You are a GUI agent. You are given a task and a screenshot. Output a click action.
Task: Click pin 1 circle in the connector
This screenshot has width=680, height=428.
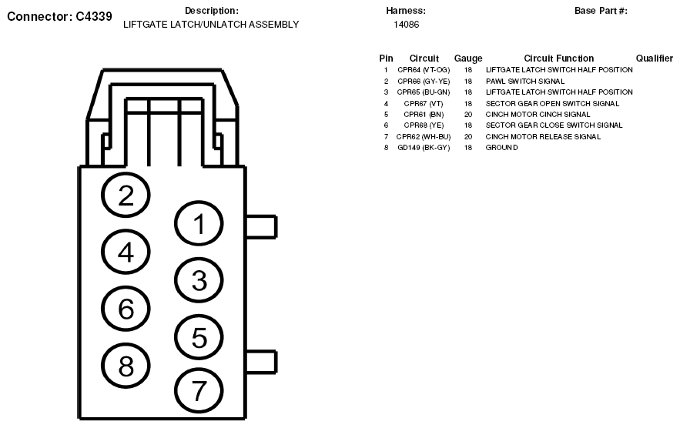[x=199, y=225]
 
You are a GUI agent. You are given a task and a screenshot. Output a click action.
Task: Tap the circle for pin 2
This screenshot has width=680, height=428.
[x=126, y=196]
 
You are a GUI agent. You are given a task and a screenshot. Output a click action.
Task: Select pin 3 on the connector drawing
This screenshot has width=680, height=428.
[x=199, y=281]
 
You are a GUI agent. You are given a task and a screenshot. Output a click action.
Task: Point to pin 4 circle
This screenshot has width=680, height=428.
[x=126, y=252]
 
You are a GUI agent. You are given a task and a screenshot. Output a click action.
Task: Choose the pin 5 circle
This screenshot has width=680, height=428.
[x=199, y=337]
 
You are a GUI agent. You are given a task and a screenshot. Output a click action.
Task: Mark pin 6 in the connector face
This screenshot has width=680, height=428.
[x=126, y=309]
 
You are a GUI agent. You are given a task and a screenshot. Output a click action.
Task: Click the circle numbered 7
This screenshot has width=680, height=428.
[x=199, y=391]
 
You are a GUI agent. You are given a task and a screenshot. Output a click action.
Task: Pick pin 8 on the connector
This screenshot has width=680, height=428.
[x=126, y=365]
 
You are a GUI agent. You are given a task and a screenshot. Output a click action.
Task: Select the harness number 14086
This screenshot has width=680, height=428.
[x=406, y=25]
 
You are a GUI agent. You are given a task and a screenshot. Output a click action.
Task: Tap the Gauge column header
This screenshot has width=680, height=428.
[x=468, y=59]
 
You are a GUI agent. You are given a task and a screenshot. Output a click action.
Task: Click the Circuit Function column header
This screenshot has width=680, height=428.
[x=558, y=59]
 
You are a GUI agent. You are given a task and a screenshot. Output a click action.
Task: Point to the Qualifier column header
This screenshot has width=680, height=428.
[x=655, y=59]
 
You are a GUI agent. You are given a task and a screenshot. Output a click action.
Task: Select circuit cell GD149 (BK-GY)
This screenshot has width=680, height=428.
[x=424, y=148]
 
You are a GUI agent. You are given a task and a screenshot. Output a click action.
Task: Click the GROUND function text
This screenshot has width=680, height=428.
[x=501, y=148]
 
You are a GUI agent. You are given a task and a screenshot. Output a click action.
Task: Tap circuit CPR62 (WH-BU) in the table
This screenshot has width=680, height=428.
[x=424, y=136]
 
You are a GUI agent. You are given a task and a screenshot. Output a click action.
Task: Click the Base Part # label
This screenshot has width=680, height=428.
[x=601, y=11]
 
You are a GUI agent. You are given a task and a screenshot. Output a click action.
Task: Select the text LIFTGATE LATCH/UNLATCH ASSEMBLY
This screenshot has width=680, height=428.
[x=211, y=25]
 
